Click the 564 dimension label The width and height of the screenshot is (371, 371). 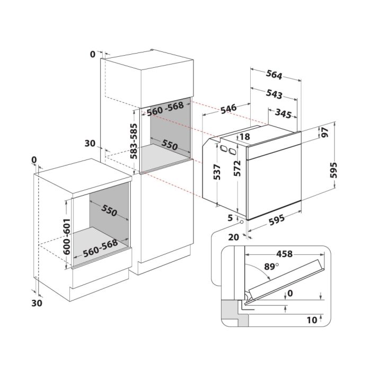click(x=274, y=75)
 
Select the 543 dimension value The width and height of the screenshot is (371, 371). click(x=274, y=94)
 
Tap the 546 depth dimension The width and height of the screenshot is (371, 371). click(x=228, y=109)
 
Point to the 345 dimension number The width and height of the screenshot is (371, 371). click(x=283, y=114)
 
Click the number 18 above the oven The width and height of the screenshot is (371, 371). click(x=245, y=137)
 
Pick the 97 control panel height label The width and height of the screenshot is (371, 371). click(x=324, y=132)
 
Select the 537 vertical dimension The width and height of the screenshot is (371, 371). click(x=217, y=172)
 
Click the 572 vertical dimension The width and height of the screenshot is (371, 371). click(x=237, y=168)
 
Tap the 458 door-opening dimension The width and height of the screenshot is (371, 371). click(x=285, y=254)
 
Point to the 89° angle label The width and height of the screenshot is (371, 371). click(x=271, y=267)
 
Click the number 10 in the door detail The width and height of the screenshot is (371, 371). click(x=312, y=320)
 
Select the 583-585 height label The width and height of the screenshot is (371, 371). click(x=134, y=141)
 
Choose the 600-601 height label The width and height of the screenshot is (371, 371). click(x=67, y=236)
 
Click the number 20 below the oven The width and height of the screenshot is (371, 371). click(x=234, y=237)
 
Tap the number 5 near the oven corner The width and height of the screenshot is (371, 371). click(x=230, y=218)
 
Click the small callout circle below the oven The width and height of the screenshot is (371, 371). click(x=242, y=222)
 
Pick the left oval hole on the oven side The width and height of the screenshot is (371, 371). click(x=223, y=148)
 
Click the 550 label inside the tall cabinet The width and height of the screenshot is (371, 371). click(x=170, y=145)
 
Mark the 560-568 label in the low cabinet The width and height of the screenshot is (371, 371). click(x=100, y=248)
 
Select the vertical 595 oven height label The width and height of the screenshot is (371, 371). click(x=333, y=170)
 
